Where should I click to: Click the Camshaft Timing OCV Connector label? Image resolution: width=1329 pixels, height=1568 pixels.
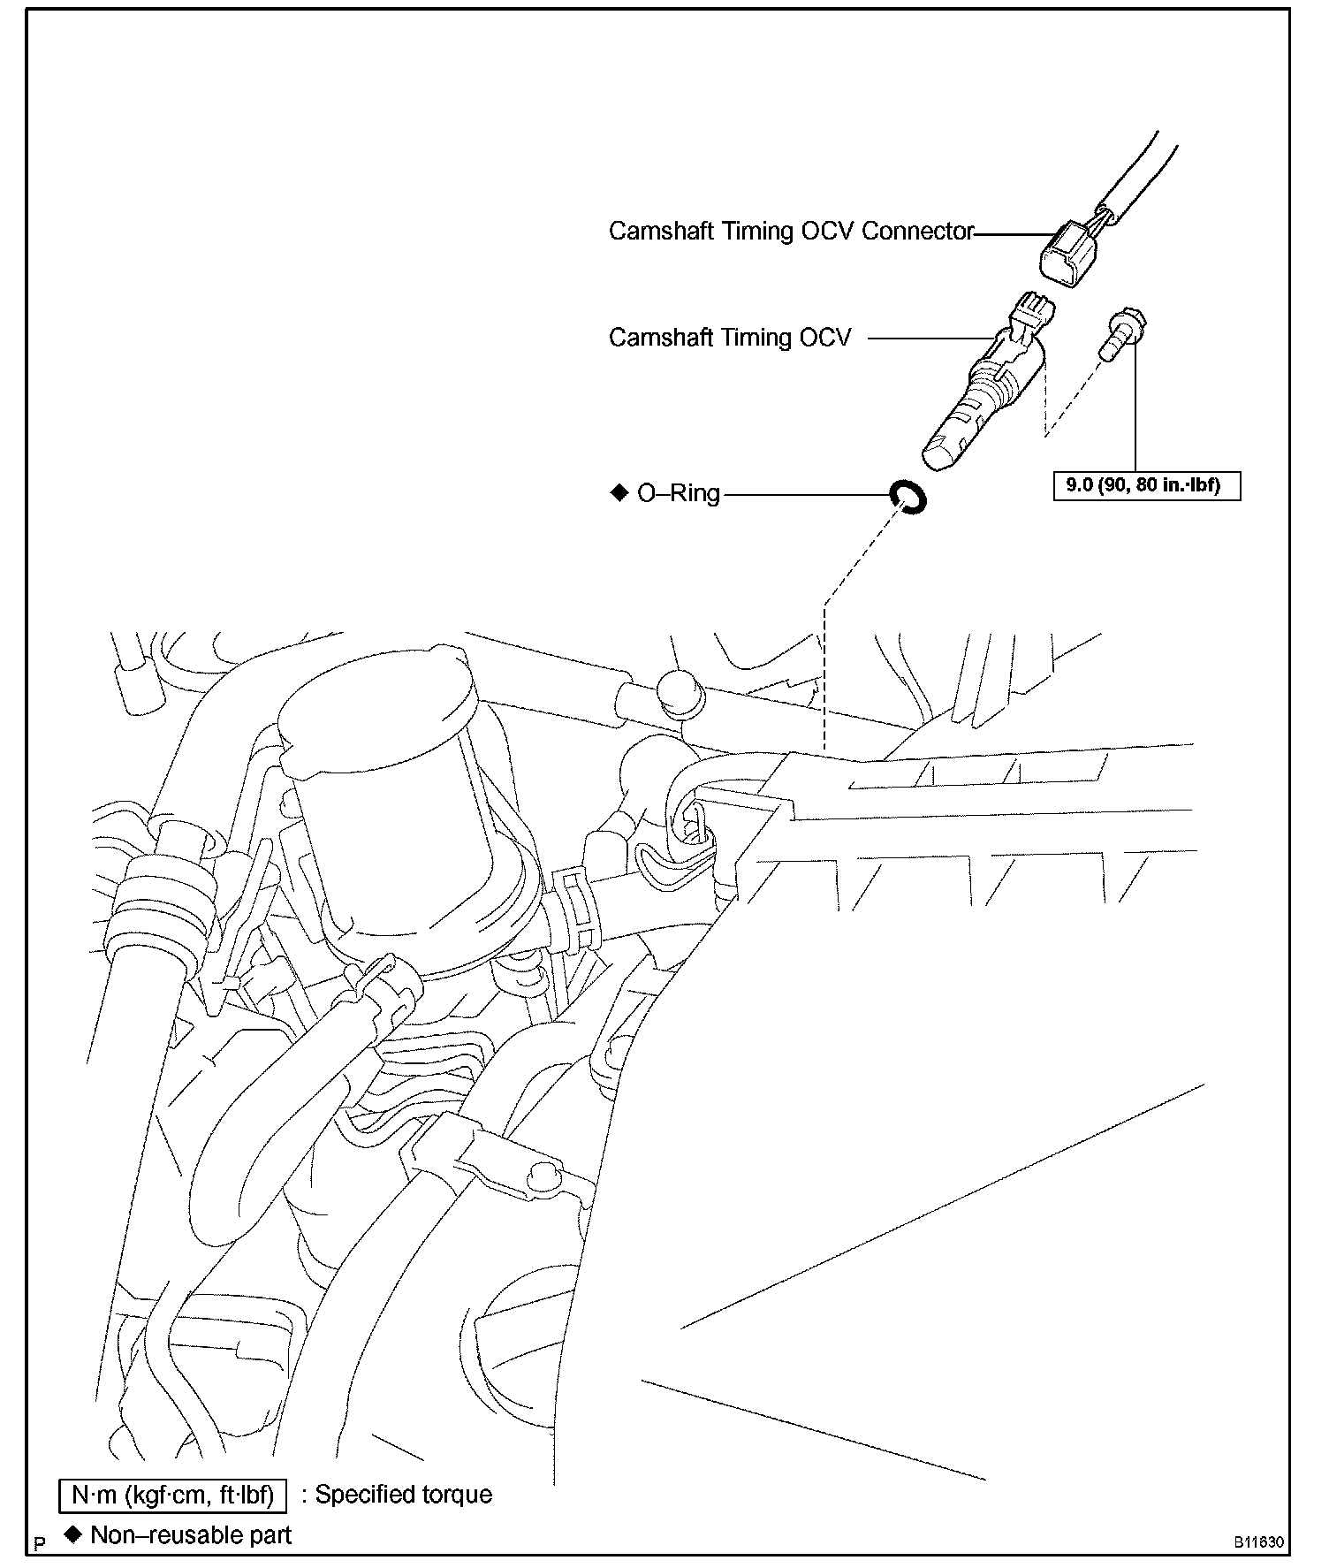coord(790,232)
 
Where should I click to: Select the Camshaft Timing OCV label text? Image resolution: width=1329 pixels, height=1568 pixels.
coord(730,338)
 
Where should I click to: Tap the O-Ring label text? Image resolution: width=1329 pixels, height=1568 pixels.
coord(679,493)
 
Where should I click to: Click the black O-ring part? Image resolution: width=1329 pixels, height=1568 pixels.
coord(908,497)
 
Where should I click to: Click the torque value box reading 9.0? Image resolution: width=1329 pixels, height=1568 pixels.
coord(1147,485)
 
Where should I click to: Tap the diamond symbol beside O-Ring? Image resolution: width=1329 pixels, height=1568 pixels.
coord(619,492)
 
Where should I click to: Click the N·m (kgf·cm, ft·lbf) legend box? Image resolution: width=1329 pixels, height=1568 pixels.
coord(172,1495)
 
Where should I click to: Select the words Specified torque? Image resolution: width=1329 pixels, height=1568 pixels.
coord(404,1495)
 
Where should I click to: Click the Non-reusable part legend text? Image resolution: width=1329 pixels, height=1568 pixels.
coord(191,1535)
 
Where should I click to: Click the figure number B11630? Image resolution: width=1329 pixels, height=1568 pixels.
coord(1259,1542)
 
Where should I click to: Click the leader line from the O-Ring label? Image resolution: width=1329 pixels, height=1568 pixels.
coord(804,495)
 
